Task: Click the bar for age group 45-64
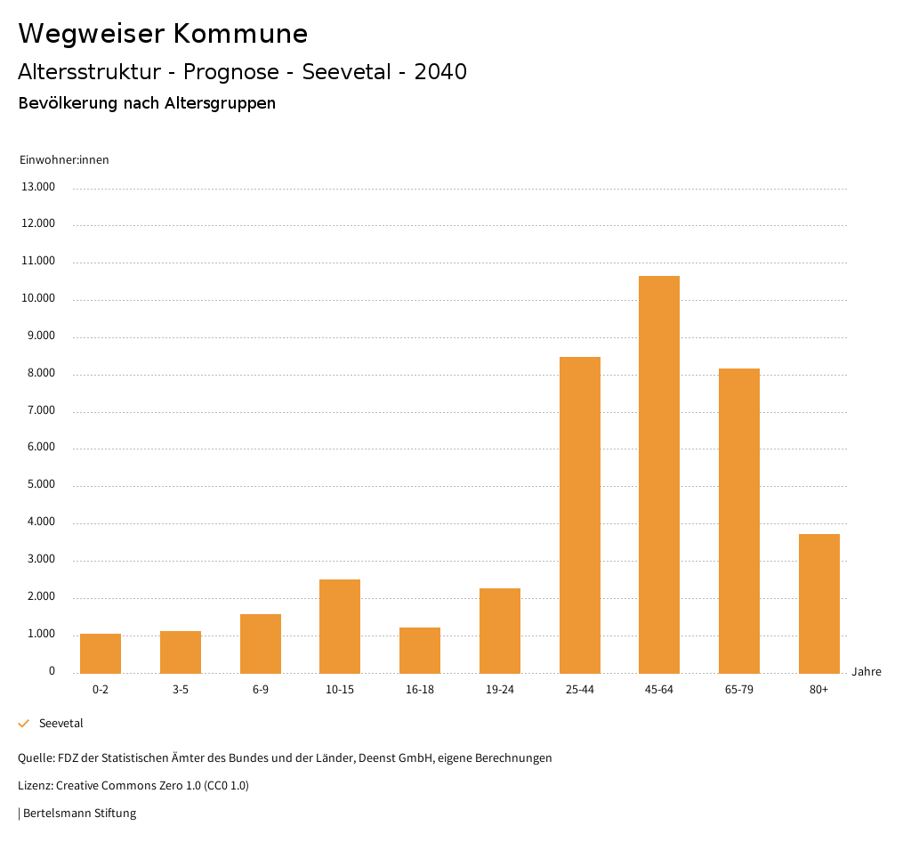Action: [659, 474]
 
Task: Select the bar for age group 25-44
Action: [579, 514]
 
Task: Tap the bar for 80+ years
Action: [818, 603]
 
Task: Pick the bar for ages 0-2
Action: [101, 653]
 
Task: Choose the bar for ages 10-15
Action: [340, 626]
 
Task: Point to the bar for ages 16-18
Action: [420, 650]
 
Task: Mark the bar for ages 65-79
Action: [739, 521]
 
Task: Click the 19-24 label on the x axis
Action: [500, 690]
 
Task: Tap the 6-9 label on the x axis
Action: [261, 690]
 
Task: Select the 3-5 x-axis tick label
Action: [181, 690]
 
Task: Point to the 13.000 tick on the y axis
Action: [39, 187]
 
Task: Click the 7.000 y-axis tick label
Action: [39, 410]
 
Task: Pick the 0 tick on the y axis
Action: [52, 671]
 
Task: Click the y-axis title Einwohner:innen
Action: [64, 160]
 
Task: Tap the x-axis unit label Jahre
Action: [866, 672]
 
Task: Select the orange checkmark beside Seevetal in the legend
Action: [24, 724]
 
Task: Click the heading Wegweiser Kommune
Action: [163, 34]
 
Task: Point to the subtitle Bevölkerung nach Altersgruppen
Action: [147, 103]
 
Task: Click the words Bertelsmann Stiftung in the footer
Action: [79, 813]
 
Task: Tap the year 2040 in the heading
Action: [440, 72]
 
